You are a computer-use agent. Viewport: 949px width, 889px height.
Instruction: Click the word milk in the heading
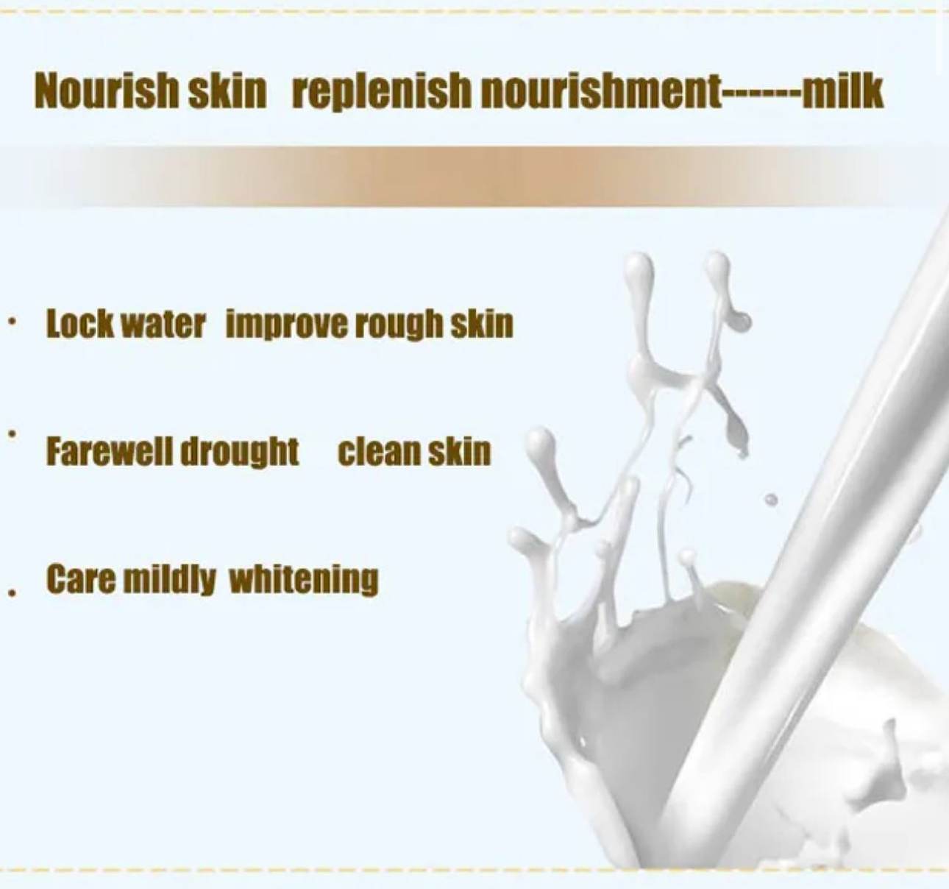coord(842,91)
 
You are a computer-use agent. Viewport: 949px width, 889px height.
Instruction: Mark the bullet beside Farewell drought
coord(13,433)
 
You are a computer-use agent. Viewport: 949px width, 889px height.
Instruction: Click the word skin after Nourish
coord(227,91)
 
